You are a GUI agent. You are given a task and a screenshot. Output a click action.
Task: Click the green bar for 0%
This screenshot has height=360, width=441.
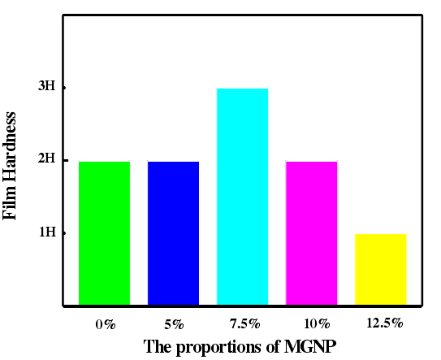tap(104, 233)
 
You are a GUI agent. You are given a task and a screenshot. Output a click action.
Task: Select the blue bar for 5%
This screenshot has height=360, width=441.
tap(173, 233)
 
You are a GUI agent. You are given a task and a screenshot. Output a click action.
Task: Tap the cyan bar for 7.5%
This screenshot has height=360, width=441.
tap(242, 197)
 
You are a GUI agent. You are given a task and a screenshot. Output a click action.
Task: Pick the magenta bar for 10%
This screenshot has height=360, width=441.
tap(311, 233)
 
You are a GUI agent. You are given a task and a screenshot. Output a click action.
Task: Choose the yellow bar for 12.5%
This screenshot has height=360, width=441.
tap(380, 269)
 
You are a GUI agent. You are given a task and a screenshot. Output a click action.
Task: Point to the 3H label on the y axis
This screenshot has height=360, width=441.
tap(46, 87)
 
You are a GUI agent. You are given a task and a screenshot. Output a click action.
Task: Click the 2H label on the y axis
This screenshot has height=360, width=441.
tap(46, 159)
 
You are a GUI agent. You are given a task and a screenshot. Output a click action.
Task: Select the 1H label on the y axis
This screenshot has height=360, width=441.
tap(46, 232)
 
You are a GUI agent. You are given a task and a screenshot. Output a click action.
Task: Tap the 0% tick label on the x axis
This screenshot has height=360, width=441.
tap(105, 324)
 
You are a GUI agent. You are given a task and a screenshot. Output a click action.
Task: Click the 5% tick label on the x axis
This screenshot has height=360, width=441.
tap(174, 324)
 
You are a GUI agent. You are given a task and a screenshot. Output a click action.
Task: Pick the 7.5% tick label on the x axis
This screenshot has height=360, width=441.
tap(243, 324)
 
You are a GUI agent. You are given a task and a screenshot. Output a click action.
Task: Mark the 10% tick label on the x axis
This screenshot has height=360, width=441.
tap(312, 324)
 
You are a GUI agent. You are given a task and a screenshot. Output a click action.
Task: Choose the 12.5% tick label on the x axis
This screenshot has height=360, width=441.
tap(383, 323)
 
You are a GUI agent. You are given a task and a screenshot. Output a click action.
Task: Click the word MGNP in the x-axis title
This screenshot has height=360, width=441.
tap(309, 347)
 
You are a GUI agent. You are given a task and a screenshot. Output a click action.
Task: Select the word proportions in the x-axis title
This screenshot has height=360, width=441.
tap(218, 348)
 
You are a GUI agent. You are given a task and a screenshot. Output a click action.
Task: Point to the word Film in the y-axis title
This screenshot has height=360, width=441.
tap(11, 204)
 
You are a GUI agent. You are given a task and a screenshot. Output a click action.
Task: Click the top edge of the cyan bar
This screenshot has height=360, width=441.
tap(242, 89)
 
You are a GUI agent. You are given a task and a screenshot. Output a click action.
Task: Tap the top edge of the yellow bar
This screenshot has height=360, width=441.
tap(380, 234)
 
